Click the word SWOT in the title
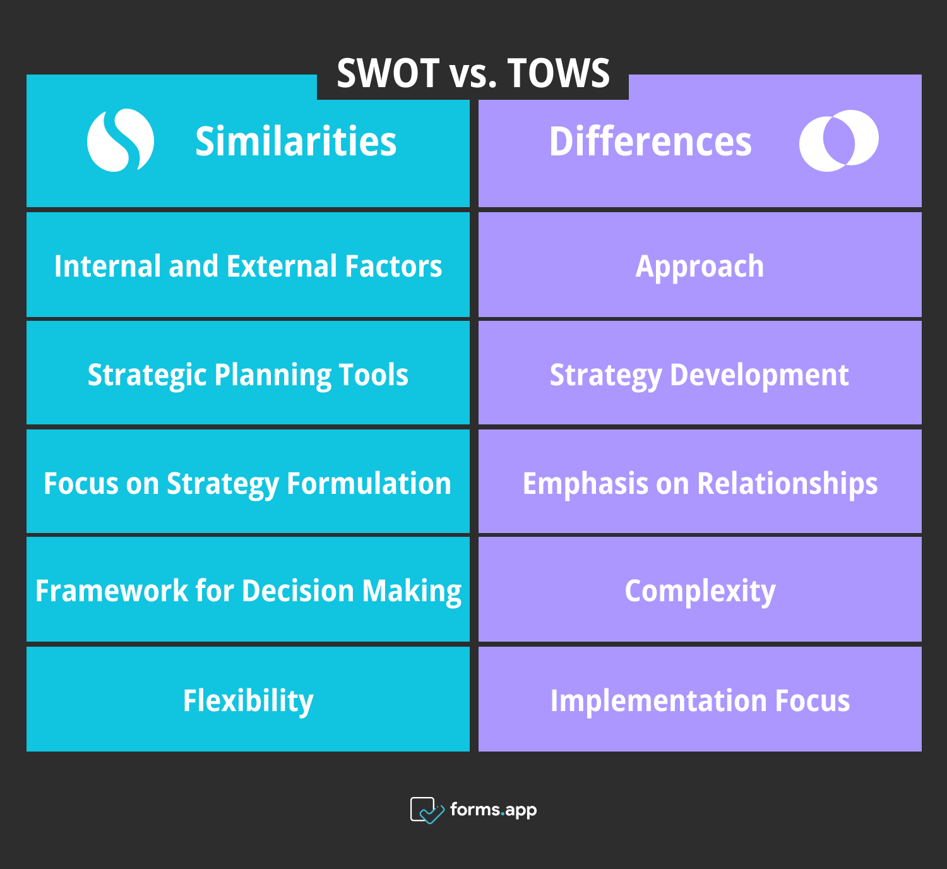point(388,73)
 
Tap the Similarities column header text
point(295,141)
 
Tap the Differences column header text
point(650,141)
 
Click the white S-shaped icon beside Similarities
point(121,140)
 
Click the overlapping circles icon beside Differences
point(838,140)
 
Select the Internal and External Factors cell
point(248,266)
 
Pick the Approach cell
point(700,266)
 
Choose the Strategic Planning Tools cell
point(248,375)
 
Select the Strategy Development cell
point(700,375)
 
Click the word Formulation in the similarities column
point(369,484)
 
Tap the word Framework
point(112,591)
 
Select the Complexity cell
point(700,591)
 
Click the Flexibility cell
point(248,700)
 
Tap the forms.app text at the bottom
point(493,810)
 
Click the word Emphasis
point(585,484)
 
